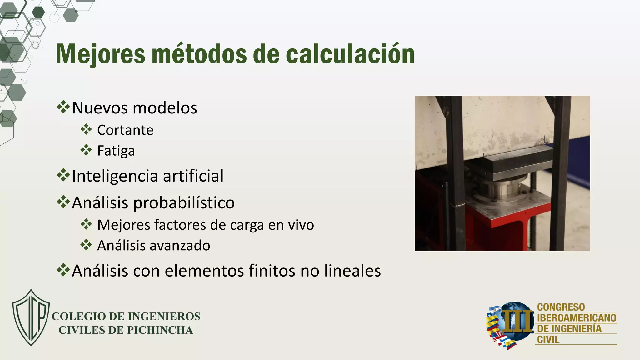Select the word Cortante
click(x=125, y=130)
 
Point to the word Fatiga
click(x=116, y=151)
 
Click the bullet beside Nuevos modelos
click(x=63, y=107)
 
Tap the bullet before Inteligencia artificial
click(x=63, y=175)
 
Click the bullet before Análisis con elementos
click(x=63, y=270)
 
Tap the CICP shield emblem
click(x=31, y=317)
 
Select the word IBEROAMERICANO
click(x=577, y=318)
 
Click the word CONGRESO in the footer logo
click(x=561, y=307)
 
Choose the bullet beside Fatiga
click(x=86, y=150)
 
